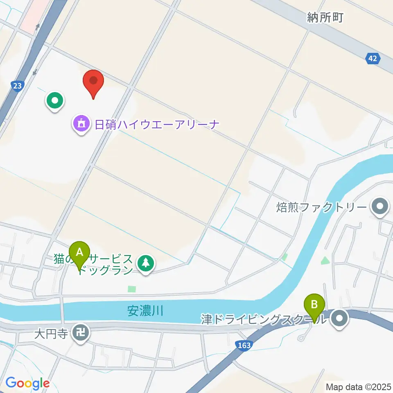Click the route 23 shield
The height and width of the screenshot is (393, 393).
click(17, 86)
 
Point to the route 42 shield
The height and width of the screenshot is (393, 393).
click(372, 59)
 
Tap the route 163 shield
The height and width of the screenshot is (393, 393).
click(244, 346)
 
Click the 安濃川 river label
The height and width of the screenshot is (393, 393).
click(145, 311)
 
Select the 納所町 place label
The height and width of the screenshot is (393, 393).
click(325, 18)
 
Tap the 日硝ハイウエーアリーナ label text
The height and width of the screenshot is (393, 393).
click(158, 124)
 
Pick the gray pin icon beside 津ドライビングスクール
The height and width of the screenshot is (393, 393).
click(339, 318)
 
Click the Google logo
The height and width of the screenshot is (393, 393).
click(27, 383)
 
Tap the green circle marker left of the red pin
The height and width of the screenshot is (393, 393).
click(55, 100)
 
